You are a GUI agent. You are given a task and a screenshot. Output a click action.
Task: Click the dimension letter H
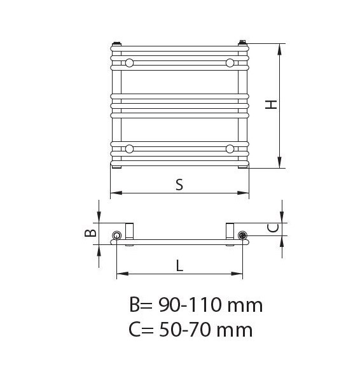point(271,104)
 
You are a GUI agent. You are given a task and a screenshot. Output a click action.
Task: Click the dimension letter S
point(179,185)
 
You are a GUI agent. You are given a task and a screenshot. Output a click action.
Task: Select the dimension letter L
point(180,265)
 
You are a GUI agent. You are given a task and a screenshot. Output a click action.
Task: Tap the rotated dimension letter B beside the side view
point(90,233)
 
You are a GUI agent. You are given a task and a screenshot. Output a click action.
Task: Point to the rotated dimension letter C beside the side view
point(273,228)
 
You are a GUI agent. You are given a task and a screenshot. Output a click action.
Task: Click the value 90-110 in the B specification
point(190,305)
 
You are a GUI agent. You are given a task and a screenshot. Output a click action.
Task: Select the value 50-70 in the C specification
point(185,330)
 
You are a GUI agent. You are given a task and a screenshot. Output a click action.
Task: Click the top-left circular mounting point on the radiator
point(129,63)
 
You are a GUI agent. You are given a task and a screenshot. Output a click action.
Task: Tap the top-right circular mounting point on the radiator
point(230,63)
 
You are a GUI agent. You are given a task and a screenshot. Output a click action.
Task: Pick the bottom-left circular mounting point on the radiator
point(129,149)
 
